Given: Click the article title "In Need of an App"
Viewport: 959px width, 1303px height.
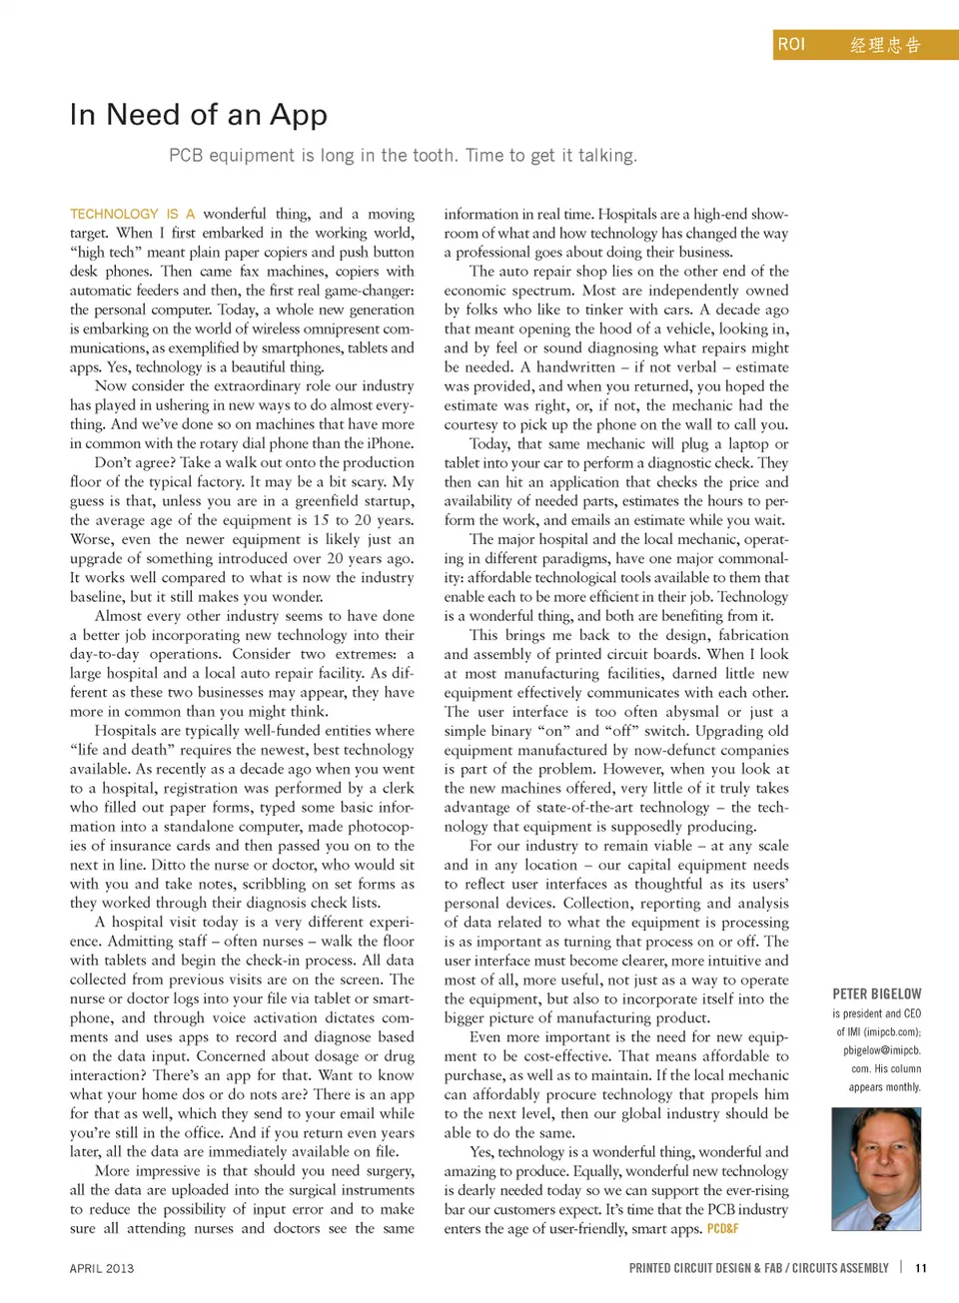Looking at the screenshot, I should pyautogui.click(x=199, y=115).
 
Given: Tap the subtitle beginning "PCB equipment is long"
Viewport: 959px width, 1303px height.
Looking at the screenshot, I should pyautogui.click(x=403, y=156).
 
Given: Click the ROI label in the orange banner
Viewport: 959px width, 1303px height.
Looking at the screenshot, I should pyautogui.click(x=791, y=44).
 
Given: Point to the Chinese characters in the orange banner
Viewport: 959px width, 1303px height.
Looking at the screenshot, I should pyautogui.click(x=885, y=45).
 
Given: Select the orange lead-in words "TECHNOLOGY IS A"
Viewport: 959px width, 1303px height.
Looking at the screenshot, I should pyautogui.click(x=132, y=214).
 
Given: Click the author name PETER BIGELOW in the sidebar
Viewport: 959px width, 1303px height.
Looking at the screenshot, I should pyautogui.click(x=877, y=994).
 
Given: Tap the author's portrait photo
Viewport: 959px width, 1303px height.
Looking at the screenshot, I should pyautogui.click(x=876, y=1168).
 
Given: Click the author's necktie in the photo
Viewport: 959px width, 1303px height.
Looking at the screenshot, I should pyautogui.click(x=880, y=1220).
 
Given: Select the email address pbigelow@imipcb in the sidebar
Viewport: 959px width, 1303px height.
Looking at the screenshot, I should pyautogui.click(x=881, y=1050).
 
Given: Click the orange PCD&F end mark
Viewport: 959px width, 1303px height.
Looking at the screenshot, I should pyautogui.click(x=722, y=1229).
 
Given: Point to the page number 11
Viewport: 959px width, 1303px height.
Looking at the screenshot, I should pyautogui.click(x=921, y=1268).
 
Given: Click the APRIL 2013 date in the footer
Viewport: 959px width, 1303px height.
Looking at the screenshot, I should pyautogui.click(x=102, y=1268).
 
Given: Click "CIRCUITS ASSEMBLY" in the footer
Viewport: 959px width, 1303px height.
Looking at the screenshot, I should pyautogui.click(x=840, y=1268).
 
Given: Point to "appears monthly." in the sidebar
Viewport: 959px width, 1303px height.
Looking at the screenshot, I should pyautogui.click(x=884, y=1087).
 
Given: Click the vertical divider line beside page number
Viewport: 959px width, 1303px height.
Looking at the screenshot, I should pyautogui.click(x=901, y=1267).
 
